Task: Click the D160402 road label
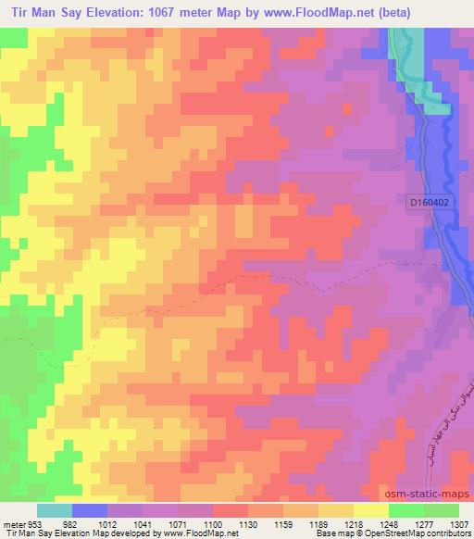(x=434, y=200)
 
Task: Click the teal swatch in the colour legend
(x=55, y=510)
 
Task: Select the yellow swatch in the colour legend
(x=370, y=510)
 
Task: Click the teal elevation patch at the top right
(x=434, y=60)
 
